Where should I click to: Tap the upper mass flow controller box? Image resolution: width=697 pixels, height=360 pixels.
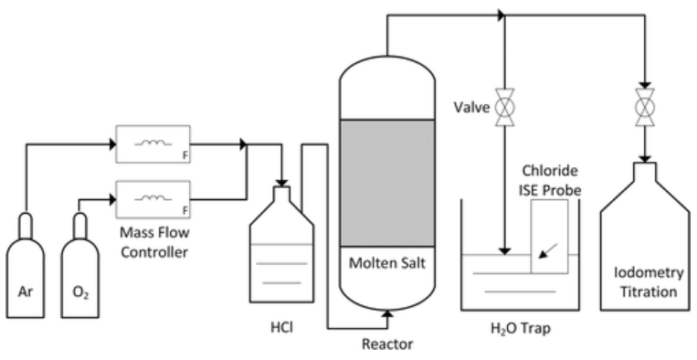coord(153,143)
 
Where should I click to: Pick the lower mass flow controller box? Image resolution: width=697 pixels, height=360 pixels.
coord(153,196)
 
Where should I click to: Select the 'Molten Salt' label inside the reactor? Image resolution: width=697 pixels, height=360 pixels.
coord(385,265)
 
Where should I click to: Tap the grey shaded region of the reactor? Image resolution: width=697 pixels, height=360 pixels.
coord(385,183)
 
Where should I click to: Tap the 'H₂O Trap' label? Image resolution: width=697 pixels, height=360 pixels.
coord(519,327)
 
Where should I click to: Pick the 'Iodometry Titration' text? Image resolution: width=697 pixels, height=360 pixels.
coord(646,283)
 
